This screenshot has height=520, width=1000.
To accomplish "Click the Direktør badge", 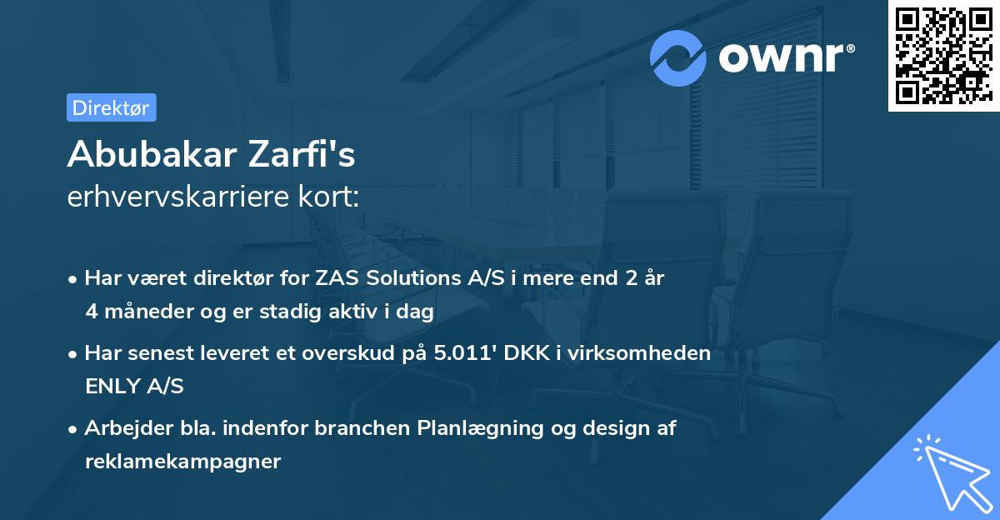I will pos(111,107).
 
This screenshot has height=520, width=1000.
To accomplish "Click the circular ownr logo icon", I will pos(678,57).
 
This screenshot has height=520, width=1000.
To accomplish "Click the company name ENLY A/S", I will pos(134,386).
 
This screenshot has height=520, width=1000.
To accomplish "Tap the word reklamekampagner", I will pos(182,461).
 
